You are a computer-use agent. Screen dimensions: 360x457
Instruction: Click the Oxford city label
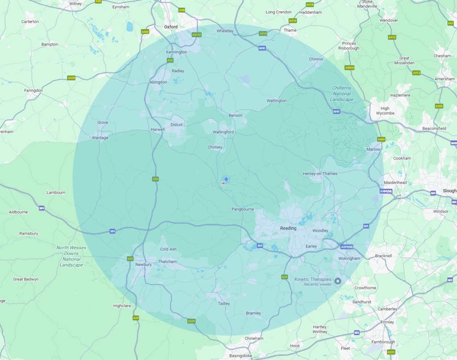point(170,27)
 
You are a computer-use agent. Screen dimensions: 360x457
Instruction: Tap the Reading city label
point(288,228)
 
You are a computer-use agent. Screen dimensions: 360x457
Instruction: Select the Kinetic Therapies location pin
point(338,281)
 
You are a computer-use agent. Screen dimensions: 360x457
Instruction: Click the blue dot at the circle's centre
point(226,179)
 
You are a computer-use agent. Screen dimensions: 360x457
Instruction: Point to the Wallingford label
point(223,132)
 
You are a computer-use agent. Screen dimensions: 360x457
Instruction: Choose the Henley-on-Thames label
point(320,173)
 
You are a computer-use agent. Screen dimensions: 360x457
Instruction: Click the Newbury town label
point(144,264)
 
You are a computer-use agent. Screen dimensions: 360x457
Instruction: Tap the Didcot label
point(177,125)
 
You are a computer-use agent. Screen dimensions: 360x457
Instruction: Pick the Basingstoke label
point(241,356)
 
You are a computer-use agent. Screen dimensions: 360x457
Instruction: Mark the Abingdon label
point(158,82)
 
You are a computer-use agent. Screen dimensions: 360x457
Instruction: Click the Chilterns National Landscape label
point(342,94)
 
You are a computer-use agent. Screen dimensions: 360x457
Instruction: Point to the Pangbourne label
point(243,209)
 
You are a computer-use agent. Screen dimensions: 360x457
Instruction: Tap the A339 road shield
point(191,321)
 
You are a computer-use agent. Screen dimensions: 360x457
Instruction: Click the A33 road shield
point(284,277)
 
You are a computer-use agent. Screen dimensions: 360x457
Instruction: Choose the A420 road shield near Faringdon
point(71,78)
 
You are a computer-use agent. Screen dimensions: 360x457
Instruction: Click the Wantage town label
point(100,138)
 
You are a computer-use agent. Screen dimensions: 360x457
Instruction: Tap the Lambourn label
point(56,193)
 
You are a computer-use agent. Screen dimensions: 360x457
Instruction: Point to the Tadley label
point(224,304)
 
